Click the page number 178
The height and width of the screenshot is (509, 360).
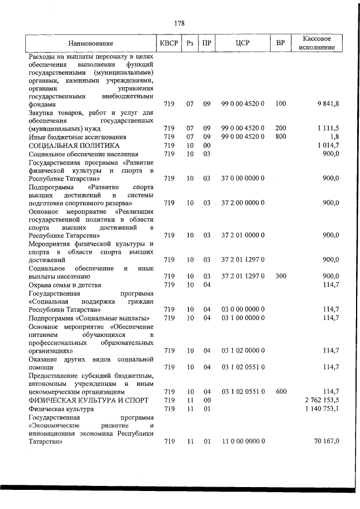pos(179,23)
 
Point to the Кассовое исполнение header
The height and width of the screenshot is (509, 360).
pos(318,43)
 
